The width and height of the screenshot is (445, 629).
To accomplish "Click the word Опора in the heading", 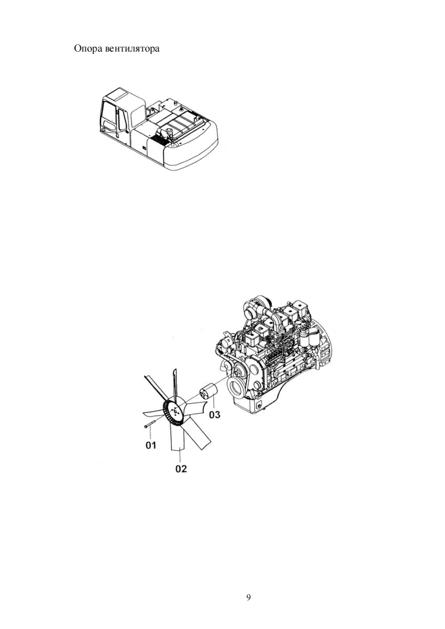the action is click(x=88, y=49).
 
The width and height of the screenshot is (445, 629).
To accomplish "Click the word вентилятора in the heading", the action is click(x=132, y=49).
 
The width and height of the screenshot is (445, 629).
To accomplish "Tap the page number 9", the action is click(x=248, y=597).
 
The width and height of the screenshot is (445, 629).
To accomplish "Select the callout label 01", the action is click(x=150, y=445).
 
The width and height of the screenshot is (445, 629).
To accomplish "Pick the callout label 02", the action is click(x=181, y=469).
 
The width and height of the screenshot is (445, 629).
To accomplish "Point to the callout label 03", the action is click(x=214, y=415).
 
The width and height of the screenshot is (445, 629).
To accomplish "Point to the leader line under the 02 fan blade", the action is click(x=181, y=455).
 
